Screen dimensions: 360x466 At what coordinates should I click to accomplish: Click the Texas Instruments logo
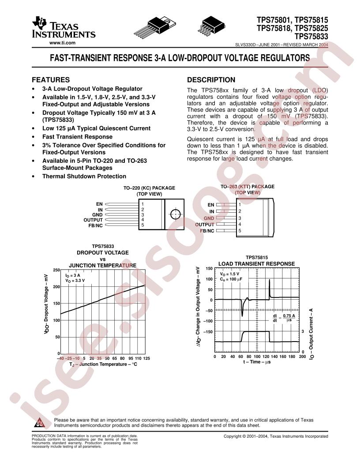(64, 28)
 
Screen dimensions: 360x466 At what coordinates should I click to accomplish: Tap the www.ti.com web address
(62, 43)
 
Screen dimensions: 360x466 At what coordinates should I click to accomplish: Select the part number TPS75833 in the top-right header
(311, 37)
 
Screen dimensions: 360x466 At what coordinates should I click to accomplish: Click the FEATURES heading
(51, 79)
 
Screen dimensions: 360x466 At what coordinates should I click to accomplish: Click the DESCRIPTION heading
(211, 79)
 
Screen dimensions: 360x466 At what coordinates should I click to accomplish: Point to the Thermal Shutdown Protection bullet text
(84, 176)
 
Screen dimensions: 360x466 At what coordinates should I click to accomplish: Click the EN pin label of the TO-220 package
(99, 204)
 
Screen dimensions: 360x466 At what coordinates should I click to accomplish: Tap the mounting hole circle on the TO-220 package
(175, 214)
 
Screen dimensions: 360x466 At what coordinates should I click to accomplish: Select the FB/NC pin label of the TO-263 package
(207, 231)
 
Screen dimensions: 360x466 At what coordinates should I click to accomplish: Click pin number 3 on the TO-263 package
(240, 218)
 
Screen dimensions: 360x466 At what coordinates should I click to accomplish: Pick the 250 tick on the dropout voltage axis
(56, 270)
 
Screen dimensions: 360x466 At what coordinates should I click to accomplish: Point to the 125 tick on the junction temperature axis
(146, 358)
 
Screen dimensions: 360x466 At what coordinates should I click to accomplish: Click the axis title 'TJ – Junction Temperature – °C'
(103, 365)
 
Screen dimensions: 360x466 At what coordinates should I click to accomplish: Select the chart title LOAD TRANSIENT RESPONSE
(257, 263)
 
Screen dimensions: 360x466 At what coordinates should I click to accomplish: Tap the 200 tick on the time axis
(302, 356)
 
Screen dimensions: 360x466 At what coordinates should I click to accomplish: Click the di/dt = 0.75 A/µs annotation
(284, 318)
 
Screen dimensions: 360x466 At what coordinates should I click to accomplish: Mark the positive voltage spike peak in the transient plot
(270, 280)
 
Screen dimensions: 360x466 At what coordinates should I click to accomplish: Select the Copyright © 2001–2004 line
(276, 436)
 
